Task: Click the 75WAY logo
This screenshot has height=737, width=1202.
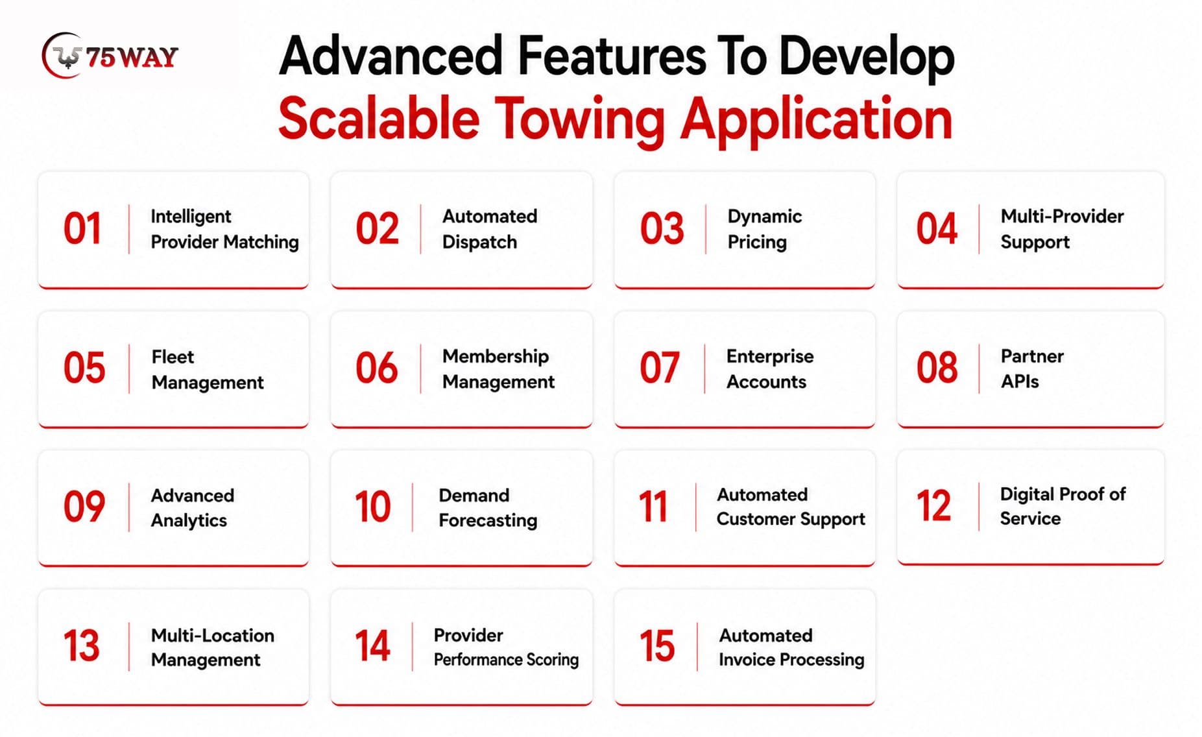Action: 110,56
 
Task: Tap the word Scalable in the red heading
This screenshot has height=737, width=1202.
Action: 379,119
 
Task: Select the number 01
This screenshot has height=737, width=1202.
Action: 82,228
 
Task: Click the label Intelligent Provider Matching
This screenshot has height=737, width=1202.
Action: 224,229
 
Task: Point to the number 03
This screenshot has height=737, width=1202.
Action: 662,228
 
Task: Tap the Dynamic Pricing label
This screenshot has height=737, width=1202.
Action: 764,229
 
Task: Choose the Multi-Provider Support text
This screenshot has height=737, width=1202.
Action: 1062,229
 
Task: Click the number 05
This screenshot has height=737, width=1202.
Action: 84,368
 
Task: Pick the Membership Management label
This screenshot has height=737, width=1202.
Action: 498,369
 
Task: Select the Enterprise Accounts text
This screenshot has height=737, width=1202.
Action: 769,369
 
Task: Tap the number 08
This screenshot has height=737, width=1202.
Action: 937,368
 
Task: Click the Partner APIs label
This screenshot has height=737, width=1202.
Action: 1032,369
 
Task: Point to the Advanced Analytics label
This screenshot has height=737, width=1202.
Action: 192,507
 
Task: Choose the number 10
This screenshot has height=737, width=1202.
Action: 372,507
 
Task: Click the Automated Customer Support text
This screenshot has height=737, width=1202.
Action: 791,507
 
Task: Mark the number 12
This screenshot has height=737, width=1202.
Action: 933,505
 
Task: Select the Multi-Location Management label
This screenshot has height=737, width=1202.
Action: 212,647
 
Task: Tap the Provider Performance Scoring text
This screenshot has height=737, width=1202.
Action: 506,647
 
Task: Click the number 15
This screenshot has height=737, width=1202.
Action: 657,646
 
